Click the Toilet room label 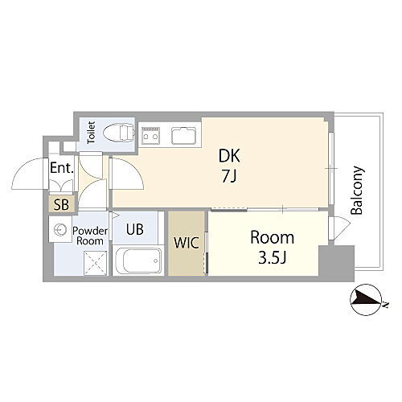(x=91, y=130)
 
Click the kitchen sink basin (x=182, y=135)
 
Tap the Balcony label (x=357, y=190)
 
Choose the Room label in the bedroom (x=271, y=238)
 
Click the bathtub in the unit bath (x=138, y=260)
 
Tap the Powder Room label (x=88, y=235)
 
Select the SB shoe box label (x=62, y=204)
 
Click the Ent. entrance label (x=62, y=169)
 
